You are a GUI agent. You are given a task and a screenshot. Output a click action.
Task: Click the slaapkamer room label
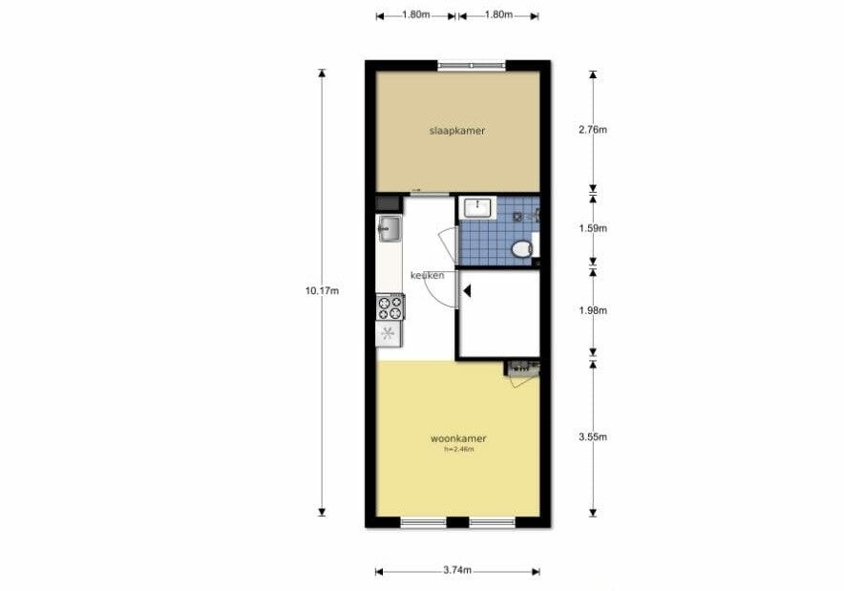pyautogui.click(x=457, y=131)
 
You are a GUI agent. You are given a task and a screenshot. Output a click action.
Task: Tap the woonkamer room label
pyautogui.click(x=458, y=438)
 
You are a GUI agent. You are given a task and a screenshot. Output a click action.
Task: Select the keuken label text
pyautogui.click(x=428, y=276)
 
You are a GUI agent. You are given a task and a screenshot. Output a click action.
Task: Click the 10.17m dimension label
pyautogui.click(x=322, y=291)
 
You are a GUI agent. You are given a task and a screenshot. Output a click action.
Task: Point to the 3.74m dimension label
pyautogui.click(x=457, y=571)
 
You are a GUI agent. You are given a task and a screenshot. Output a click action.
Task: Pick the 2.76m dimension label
pyautogui.click(x=593, y=130)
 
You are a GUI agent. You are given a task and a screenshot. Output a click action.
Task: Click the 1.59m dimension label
pyautogui.click(x=593, y=228)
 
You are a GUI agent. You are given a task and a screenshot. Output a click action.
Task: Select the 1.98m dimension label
pyautogui.click(x=593, y=310)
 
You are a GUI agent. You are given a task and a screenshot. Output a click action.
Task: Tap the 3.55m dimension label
pyautogui.click(x=593, y=437)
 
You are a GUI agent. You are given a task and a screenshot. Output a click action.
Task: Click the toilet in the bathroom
pyautogui.click(x=521, y=248)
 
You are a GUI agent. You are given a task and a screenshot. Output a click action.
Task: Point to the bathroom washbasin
pyautogui.click(x=477, y=207)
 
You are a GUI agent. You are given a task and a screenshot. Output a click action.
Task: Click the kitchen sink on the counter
pyautogui.click(x=389, y=229)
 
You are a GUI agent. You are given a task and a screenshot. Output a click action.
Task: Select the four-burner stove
pyautogui.click(x=390, y=306)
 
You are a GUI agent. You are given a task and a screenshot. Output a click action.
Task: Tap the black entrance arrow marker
pyautogui.click(x=467, y=291)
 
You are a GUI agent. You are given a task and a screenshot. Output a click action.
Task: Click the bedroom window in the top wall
pyautogui.click(x=472, y=66)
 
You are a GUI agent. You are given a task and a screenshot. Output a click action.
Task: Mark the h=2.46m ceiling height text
pyautogui.click(x=458, y=450)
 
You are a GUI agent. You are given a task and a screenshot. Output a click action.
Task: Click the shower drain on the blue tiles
pyautogui.click(x=517, y=217)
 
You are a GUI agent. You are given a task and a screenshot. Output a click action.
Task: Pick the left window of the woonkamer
pyautogui.click(x=424, y=521)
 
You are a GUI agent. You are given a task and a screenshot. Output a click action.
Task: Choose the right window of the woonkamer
pyautogui.click(x=493, y=521)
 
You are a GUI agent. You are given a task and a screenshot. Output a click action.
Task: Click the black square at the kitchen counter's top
pyautogui.click(x=389, y=203)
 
